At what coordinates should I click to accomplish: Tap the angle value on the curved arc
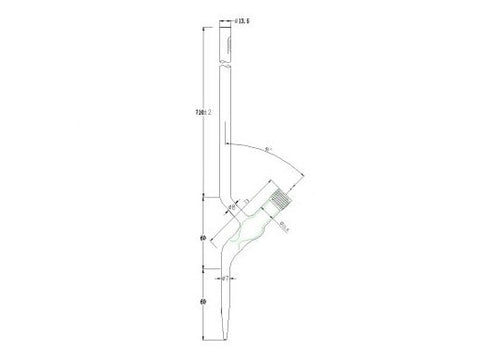[267, 151]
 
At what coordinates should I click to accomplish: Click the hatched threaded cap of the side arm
[285, 194]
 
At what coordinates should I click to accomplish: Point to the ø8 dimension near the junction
[233, 206]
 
